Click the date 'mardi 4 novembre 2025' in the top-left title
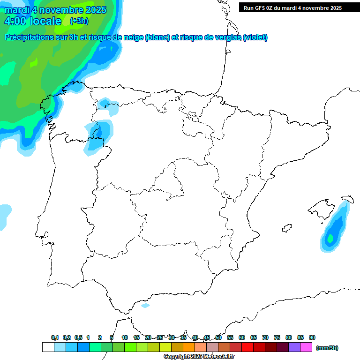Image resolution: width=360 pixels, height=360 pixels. (x=55, y=10)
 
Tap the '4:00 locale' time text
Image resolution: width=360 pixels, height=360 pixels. (x=32, y=21)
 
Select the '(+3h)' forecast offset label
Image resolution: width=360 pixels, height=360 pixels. (x=79, y=21)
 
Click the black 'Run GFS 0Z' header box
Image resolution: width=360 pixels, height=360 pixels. (x=299, y=7)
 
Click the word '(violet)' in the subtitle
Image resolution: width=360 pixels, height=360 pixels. (x=255, y=37)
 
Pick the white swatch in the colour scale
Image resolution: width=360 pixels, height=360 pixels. (x=48, y=347)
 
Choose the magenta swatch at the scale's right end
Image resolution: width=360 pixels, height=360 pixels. (x=306, y=347)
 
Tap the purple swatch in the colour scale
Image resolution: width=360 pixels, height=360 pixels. (x=294, y=347)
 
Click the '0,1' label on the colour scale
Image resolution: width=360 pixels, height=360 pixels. (x=55, y=338)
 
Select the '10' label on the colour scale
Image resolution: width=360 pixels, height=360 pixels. (x=125, y=338)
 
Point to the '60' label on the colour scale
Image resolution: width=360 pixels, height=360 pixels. (x=242, y=338)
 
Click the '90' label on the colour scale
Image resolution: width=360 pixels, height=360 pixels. (x=312, y=338)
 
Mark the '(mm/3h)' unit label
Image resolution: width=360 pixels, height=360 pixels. (x=327, y=348)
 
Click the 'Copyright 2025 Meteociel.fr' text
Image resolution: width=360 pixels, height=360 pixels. (x=199, y=357)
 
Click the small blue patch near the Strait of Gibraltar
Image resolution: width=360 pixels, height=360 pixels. (x=146, y=306)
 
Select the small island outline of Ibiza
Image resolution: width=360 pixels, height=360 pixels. (x=287, y=228)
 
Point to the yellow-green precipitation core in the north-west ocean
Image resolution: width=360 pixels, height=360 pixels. (x=34, y=61)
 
